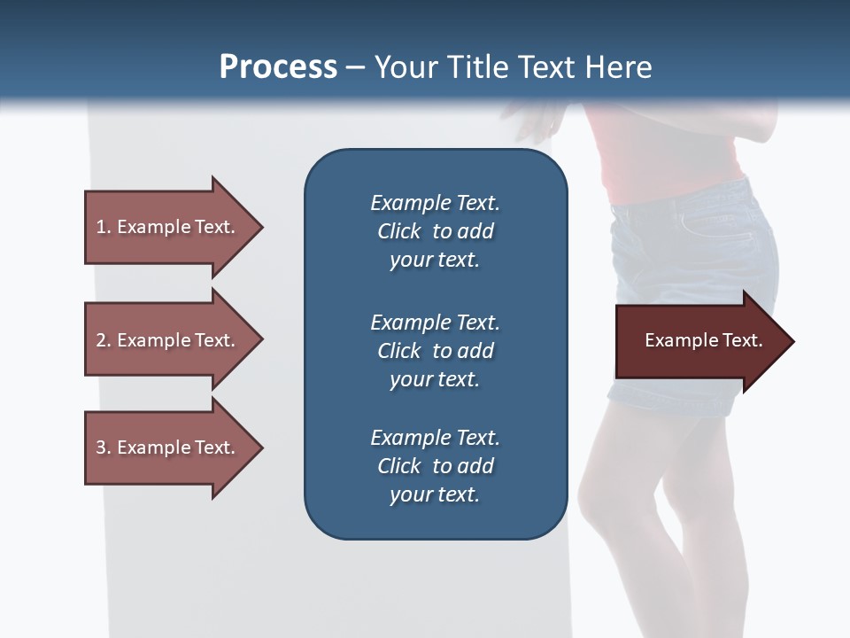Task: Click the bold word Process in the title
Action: point(278,67)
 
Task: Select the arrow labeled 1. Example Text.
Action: point(168,227)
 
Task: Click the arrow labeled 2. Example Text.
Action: point(168,340)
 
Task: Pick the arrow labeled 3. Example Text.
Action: point(168,447)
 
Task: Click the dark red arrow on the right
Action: point(699,341)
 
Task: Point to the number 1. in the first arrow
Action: point(104,227)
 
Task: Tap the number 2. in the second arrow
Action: point(104,340)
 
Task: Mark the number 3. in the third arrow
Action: point(104,447)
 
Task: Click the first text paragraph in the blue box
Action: point(435,231)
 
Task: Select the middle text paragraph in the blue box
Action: point(435,351)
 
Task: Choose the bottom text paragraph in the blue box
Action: point(435,466)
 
